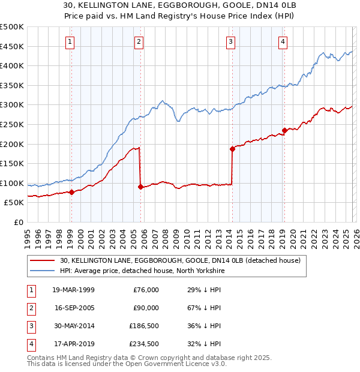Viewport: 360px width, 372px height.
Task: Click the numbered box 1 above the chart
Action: click(x=71, y=41)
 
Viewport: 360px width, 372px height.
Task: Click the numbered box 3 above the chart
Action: click(x=230, y=41)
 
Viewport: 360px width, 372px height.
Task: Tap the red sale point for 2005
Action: click(x=140, y=187)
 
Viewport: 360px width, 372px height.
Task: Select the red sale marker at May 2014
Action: click(x=232, y=149)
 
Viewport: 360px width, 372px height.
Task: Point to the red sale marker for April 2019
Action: click(x=284, y=130)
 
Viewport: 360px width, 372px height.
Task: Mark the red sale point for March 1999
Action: click(x=71, y=192)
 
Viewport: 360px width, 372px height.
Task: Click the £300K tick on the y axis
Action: click(x=12, y=105)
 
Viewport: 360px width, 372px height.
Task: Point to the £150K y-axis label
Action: click(x=12, y=163)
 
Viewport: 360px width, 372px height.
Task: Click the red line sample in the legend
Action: click(x=42, y=260)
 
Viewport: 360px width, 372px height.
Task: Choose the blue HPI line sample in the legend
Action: click(x=42, y=271)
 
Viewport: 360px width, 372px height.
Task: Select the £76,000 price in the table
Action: click(x=145, y=289)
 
